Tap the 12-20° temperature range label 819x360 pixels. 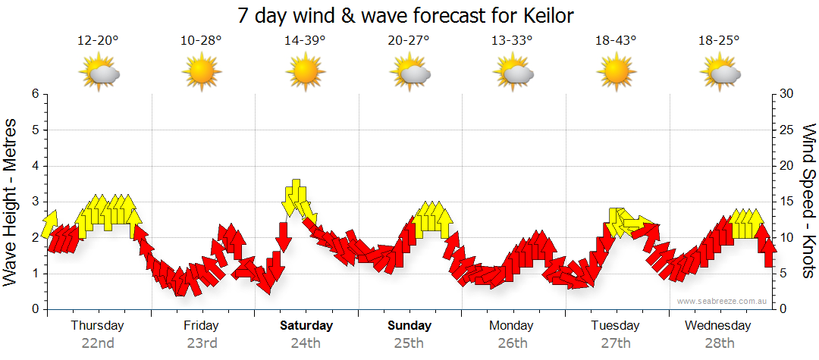(x=98, y=41)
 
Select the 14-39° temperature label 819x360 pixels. (x=305, y=41)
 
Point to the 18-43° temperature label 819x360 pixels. (x=616, y=41)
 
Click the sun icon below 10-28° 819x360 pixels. (x=201, y=73)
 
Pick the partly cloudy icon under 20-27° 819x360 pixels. (x=409, y=73)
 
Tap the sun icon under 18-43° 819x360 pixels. (x=616, y=73)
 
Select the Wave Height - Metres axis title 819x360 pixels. (x=11, y=201)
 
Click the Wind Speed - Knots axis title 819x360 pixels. (x=808, y=201)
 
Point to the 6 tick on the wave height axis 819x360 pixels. (x=34, y=94)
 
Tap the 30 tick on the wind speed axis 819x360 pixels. (x=787, y=94)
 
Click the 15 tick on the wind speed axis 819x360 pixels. (x=787, y=202)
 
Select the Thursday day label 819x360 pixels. (x=98, y=326)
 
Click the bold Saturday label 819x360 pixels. (x=306, y=326)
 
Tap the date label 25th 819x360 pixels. (x=409, y=343)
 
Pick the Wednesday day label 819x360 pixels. (x=717, y=326)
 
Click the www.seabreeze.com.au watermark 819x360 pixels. (x=722, y=301)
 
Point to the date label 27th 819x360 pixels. (x=616, y=343)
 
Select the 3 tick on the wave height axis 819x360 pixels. (x=34, y=202)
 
